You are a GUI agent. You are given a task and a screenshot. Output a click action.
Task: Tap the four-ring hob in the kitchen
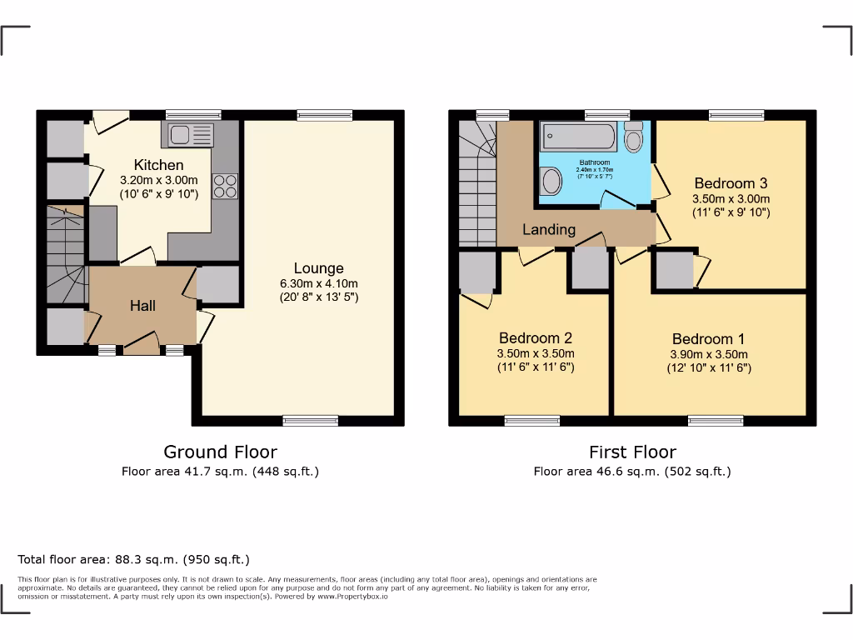tap(226, 185)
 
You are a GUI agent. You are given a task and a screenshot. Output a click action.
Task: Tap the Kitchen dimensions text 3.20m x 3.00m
tap(159, 180)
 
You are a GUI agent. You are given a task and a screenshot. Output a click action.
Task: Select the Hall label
tap(142, 306)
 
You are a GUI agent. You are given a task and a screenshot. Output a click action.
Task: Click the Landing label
tap(549, 229)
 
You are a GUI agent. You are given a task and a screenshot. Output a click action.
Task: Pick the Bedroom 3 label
tap(731, 183)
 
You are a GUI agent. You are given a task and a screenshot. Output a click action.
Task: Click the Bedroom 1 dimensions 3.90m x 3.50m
tap(709, 354)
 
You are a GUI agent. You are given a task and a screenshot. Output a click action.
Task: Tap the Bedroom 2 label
tap(536, 338)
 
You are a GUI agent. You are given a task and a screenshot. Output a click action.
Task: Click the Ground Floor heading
tap(220, 452)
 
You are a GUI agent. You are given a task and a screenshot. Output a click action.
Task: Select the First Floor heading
tap(632, 452)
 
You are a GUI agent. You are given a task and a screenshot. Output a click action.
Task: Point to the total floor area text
tap(133, 559)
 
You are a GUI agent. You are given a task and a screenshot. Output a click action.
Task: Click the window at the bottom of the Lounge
tap(311, 420)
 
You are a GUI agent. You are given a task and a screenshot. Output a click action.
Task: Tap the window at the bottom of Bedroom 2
tap(532, 420)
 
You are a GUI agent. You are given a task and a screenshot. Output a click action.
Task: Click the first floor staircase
tap(477, 187)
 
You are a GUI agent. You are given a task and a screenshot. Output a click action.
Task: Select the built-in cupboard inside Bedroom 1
tap(674, 271)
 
